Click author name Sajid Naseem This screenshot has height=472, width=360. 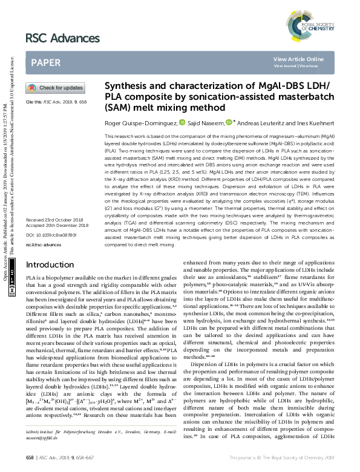[x=206, y=122]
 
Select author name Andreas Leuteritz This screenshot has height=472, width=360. [x=263, y=122]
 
